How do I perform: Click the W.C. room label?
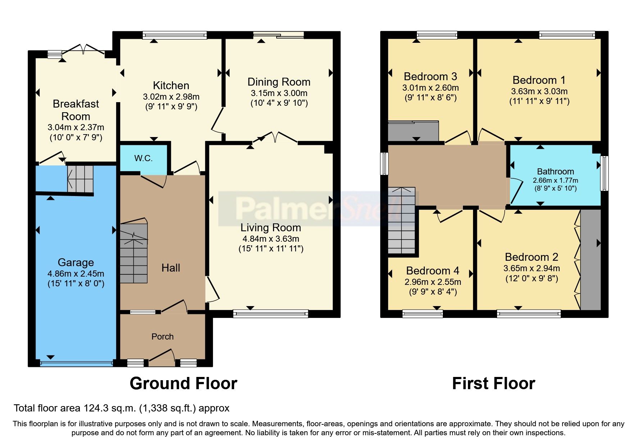(x=143, y=158)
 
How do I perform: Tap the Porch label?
(x=162, y=337)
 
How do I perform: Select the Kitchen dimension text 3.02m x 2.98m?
(x=171, y=97)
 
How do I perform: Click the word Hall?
(x=170, y=268)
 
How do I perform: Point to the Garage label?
(x=76, y=263)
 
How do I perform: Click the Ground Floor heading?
(x=183, y=383)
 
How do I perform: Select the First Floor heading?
(x=493, y=383)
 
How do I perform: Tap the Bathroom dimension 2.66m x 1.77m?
(x=555, y=180)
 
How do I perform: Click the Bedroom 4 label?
(x=432, y=270)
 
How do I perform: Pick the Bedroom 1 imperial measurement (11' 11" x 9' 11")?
(x=539, y=101)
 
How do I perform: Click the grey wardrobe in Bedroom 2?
(x=591, y=259)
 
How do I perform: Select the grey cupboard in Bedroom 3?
(x=413, y=132)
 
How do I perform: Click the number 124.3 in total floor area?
(x=96, y=408)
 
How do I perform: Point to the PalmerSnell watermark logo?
(x=317, y=209)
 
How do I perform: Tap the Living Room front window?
(x=270, y=314)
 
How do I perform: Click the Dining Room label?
(x=279, y=82)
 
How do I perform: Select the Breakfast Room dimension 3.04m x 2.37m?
(x=76, y=127)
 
